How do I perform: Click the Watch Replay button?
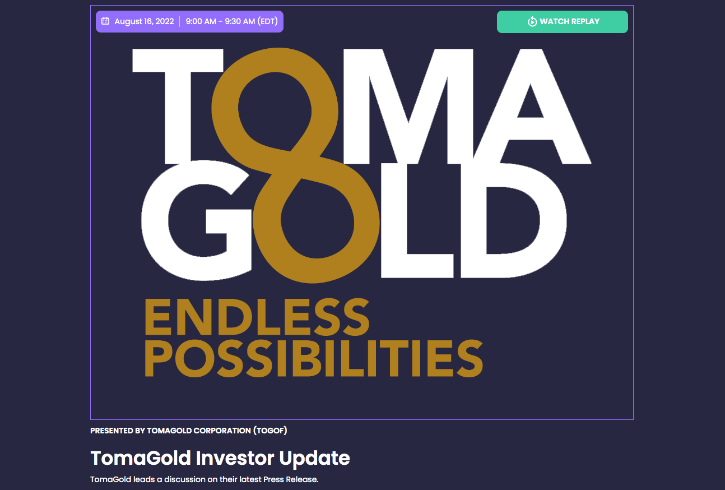[562, 22]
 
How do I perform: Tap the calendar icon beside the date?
[105, 21]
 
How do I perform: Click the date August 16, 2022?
[144, 21]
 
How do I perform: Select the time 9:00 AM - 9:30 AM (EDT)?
[232, 21]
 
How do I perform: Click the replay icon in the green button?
[532, 22]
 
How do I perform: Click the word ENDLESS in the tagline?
[257, 317]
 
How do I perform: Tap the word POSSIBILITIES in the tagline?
[314, 358]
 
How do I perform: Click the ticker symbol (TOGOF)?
[270, 431]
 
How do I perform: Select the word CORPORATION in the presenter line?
[222, 431]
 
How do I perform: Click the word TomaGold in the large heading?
[141, 458]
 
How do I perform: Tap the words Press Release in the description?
[291, 479]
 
